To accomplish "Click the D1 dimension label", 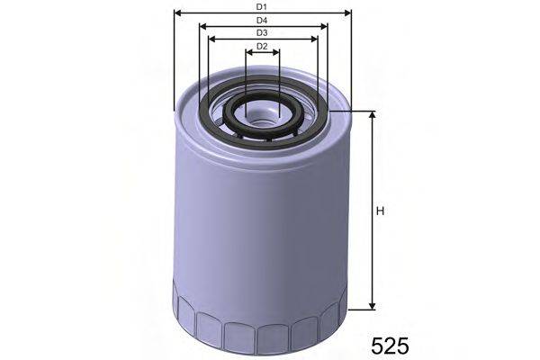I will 261,7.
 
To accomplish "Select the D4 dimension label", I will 261,20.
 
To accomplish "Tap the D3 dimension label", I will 262,32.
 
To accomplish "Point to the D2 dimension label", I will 262,46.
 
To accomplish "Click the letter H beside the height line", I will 380,211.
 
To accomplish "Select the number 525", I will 390,345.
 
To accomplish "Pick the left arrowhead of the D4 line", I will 202,26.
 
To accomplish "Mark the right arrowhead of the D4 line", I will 325,26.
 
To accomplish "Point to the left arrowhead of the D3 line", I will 211,39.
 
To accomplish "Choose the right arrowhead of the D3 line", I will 316,39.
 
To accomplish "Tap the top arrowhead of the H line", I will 369,115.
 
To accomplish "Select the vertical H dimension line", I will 369,252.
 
